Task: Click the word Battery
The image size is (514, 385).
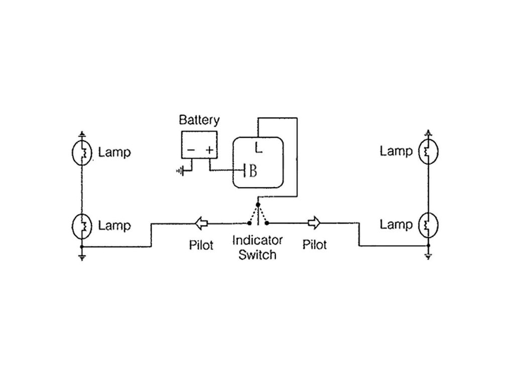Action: click(199, 120)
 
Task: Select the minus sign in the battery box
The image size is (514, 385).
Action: click(191, 150)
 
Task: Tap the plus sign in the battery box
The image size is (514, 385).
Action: click(209, 150)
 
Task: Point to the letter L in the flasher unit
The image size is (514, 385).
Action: click(259, 148)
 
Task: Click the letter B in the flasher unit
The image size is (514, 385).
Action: click(253, 171)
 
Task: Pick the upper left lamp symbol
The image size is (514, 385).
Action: click(82, 152)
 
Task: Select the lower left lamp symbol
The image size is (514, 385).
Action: click(82, 226)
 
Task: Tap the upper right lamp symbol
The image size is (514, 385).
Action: click(428, 151)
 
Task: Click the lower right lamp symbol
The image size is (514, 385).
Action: click(428, 225)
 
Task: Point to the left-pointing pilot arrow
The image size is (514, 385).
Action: click(201, 224)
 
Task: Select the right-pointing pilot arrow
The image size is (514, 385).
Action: click(314, 223)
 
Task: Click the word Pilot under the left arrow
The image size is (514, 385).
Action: click(201, 245)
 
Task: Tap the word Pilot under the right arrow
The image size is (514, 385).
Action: click(314, 245)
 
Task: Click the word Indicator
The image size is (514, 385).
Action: click(258, 240)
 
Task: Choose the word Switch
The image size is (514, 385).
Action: click(258, 255)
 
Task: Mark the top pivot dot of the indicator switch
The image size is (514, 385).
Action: click(258, 205)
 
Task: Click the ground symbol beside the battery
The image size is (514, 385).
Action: click(181, 170)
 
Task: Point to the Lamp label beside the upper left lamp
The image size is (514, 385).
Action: click(114, 152)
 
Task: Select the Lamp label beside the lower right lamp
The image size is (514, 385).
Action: click(396, 225)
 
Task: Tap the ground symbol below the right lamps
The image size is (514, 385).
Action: click(428, 257)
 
